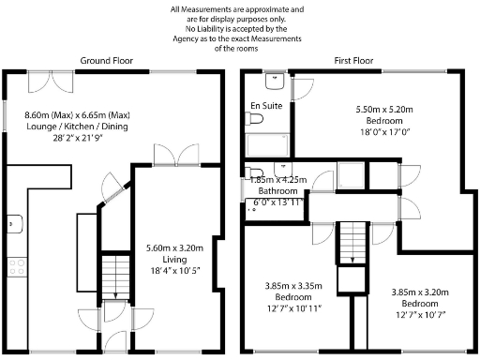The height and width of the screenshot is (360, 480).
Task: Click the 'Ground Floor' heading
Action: [x=106, y=60]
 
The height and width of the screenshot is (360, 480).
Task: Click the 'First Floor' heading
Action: [x=354, y=60]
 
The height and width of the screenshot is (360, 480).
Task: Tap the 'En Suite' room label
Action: [x=264, y=106]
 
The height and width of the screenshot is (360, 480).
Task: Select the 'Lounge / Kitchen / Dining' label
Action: [x=77, y=127]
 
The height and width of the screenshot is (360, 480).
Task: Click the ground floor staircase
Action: [x=112, y=274]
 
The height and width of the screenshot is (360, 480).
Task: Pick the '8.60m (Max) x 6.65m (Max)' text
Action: [x=77, y=114]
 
